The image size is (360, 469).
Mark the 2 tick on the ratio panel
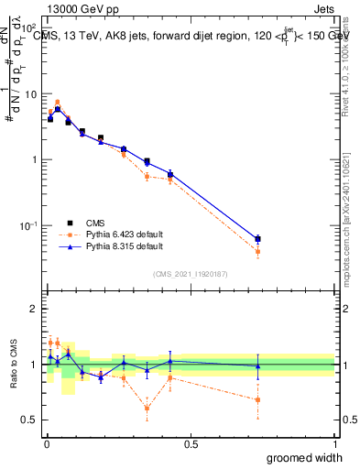point(34,310)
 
